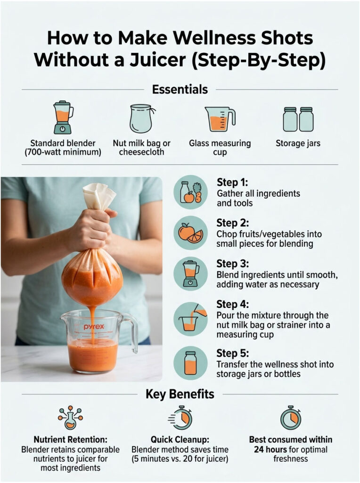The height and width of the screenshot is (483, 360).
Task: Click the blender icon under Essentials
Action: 63,117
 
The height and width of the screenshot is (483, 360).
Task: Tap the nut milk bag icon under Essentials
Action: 141,118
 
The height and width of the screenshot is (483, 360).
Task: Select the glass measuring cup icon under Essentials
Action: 219,119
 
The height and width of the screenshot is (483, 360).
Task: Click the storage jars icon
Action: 298,119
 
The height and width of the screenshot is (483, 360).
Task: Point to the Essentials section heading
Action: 180,89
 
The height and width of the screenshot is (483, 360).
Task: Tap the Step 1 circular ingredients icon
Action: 190,192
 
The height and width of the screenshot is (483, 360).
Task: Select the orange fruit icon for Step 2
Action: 190,233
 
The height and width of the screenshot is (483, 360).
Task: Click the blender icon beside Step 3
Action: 190,274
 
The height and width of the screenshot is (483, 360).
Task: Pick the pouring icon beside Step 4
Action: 190,318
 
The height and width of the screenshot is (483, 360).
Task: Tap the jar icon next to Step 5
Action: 190,363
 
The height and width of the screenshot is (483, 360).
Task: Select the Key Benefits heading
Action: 180,394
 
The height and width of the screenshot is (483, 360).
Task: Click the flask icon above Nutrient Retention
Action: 70,417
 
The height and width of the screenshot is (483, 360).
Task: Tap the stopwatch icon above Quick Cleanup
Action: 180,417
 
